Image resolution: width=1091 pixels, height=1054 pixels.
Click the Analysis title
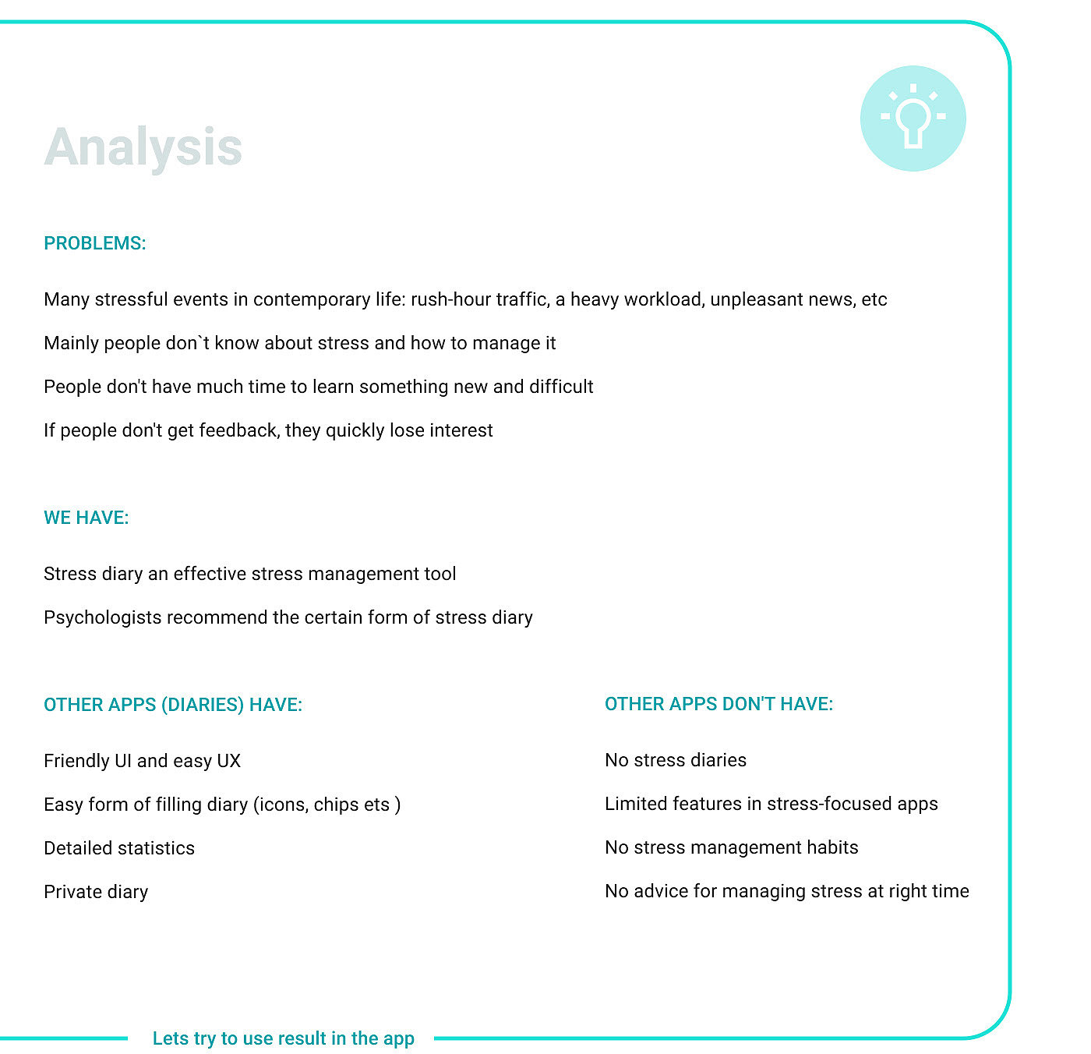[143, 147]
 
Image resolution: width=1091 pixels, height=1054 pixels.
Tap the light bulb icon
[913, 118]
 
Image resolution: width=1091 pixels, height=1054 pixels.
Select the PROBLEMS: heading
[95, 243]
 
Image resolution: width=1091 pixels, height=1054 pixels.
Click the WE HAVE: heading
[87, 518]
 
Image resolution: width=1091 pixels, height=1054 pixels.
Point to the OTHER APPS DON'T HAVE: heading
[719, 704]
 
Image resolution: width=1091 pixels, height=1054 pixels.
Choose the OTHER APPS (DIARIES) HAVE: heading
[173, 705]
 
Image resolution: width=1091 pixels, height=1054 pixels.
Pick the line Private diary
[96, 892]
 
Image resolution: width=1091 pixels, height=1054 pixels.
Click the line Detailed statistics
[119, 848]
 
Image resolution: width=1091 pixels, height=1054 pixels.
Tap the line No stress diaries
[675, 760]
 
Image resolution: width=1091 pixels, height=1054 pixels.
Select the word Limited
[634, 804]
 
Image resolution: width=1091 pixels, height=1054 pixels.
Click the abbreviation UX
[228, 761]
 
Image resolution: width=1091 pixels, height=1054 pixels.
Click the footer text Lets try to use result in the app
[284, 1038]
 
